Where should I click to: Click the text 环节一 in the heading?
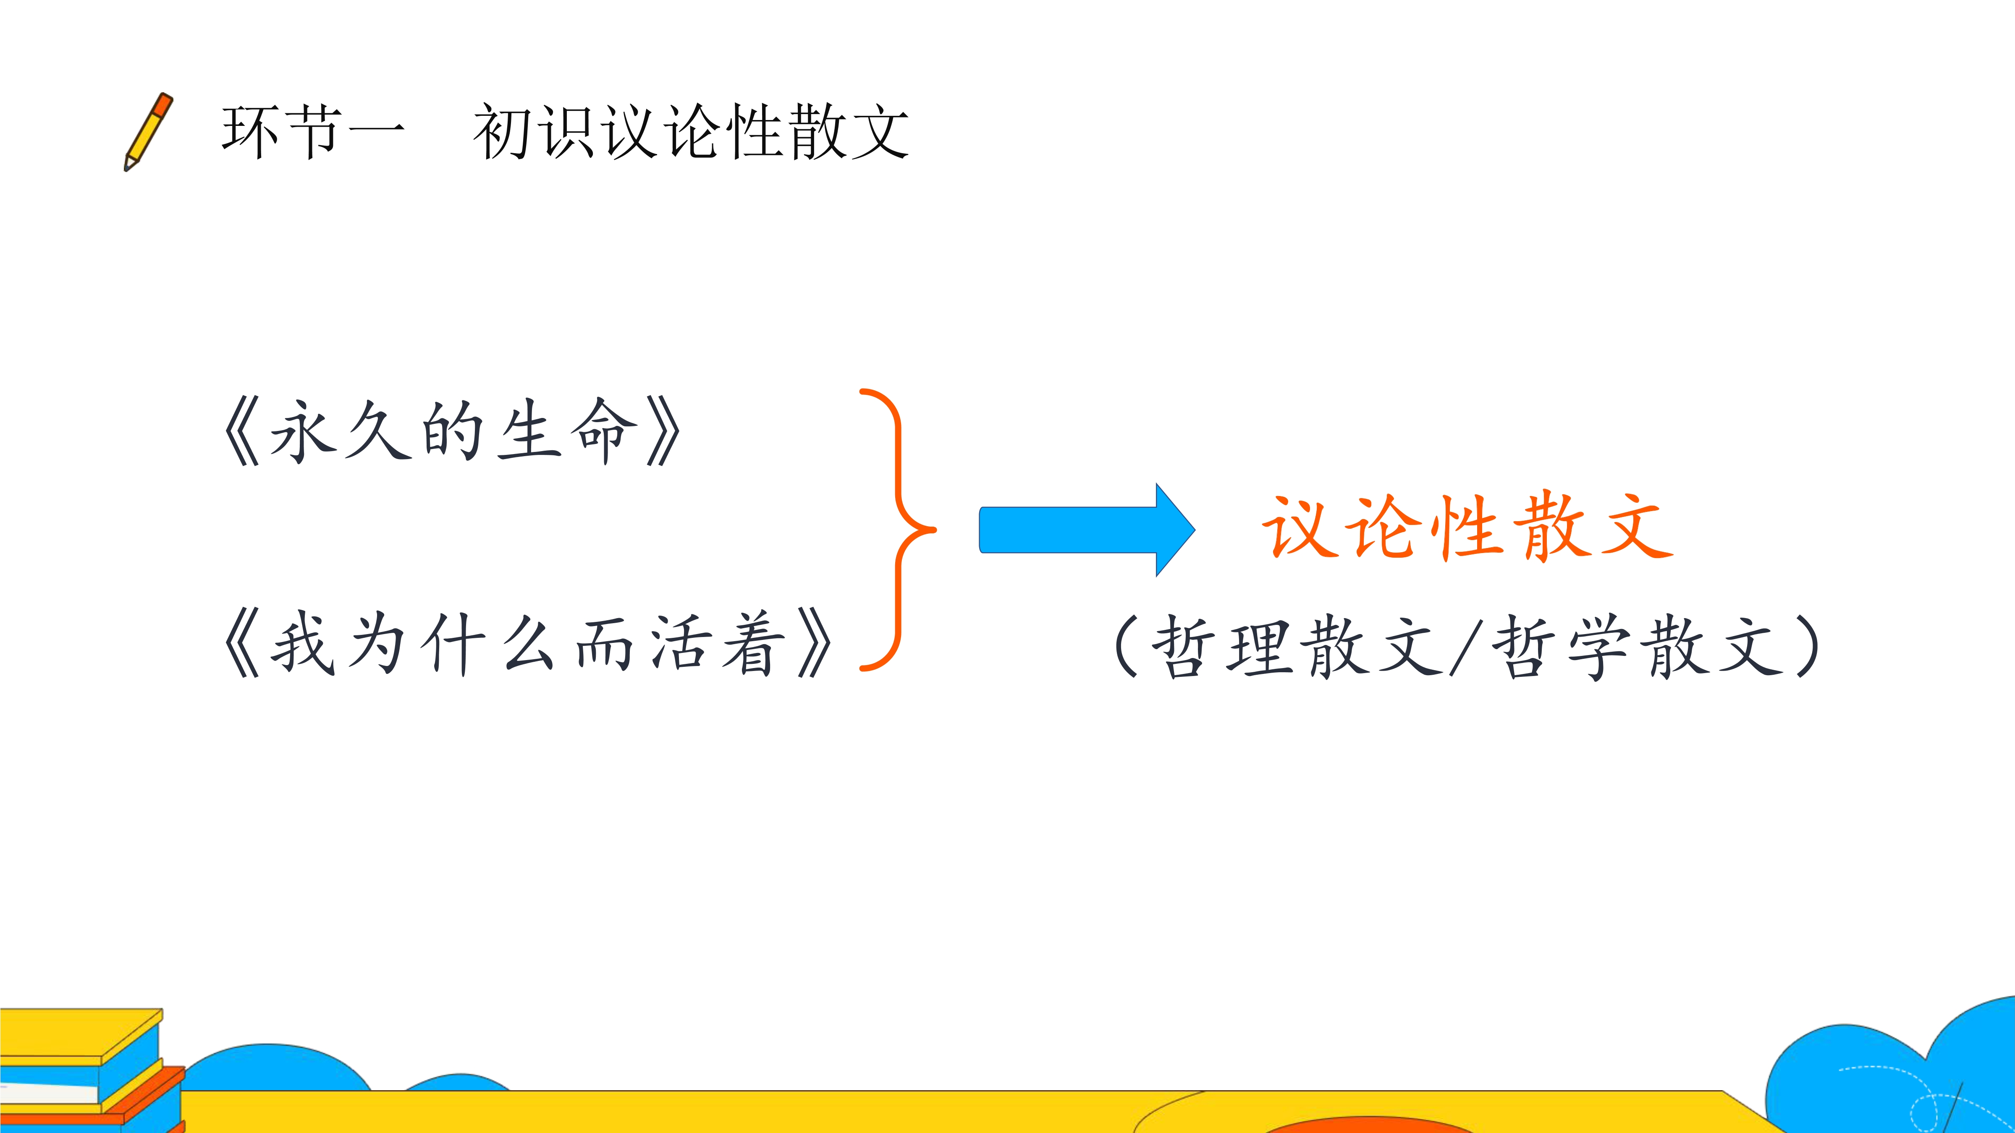(313, 131)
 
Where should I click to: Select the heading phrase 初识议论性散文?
(691, 131)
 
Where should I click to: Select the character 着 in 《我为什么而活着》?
(752, 643)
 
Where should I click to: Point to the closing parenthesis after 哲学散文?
(1807, 646)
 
